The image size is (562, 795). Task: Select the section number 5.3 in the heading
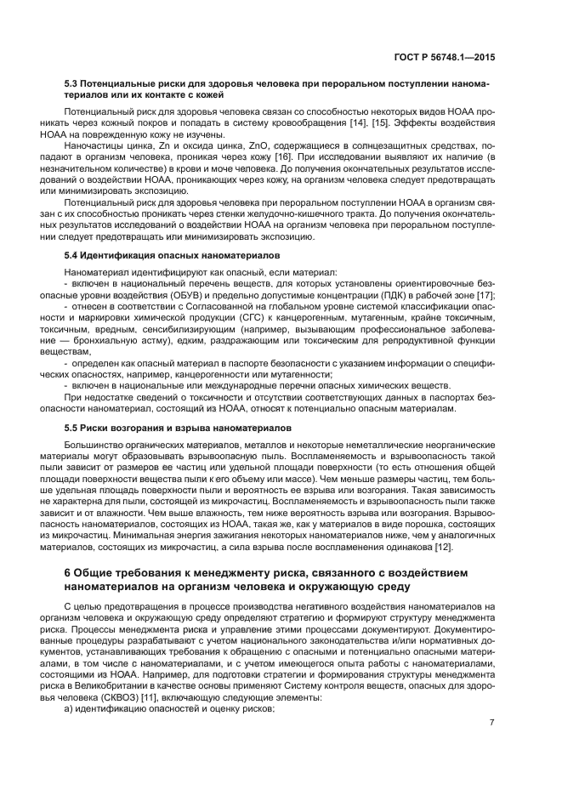tap(72, 84)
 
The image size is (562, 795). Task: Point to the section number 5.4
tap(72, 255)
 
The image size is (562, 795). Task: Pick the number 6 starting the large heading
tap(68, 572)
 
